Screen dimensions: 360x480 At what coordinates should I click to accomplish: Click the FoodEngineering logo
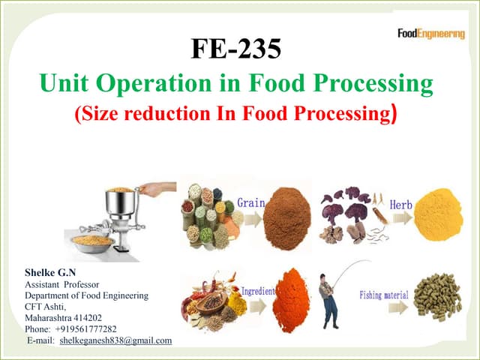430,34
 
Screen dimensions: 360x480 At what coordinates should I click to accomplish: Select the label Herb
400,204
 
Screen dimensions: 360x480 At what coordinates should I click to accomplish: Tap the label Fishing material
385,295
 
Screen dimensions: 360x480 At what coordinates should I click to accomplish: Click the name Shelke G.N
51,273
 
